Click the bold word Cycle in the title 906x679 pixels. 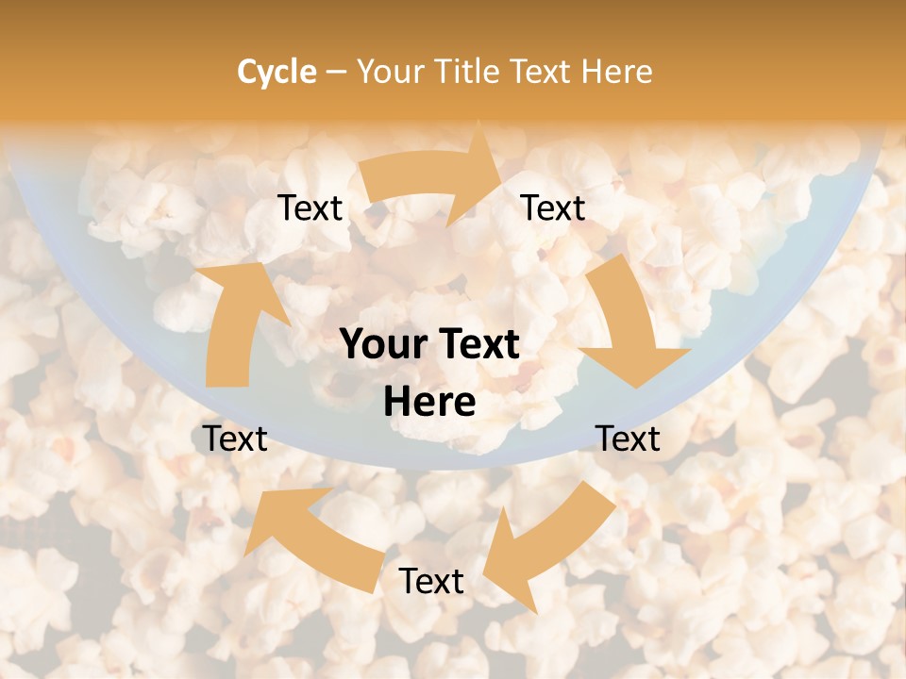click(277, 72)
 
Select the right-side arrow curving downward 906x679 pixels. click(627, 325)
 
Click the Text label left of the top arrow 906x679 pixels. click(310, 208)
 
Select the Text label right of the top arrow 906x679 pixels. click(553, 208)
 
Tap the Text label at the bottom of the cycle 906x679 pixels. click(431, 582)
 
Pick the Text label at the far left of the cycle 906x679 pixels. click(236, 439)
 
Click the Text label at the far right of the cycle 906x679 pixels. click(629, 439)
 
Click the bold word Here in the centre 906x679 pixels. click(429, 403)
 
